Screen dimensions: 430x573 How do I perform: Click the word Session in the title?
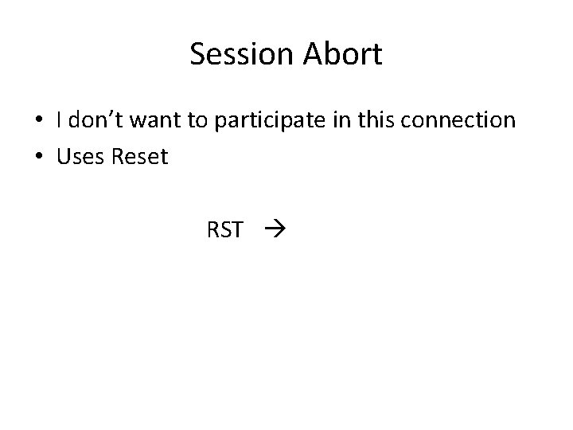244,55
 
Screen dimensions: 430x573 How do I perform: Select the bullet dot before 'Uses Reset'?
39,158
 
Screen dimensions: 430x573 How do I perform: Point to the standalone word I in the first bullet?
60,120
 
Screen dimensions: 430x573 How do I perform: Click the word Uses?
80,157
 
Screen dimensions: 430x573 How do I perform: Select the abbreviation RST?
224,231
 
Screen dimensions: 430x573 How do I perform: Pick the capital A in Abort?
315,55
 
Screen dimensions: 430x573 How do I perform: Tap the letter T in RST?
236,231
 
